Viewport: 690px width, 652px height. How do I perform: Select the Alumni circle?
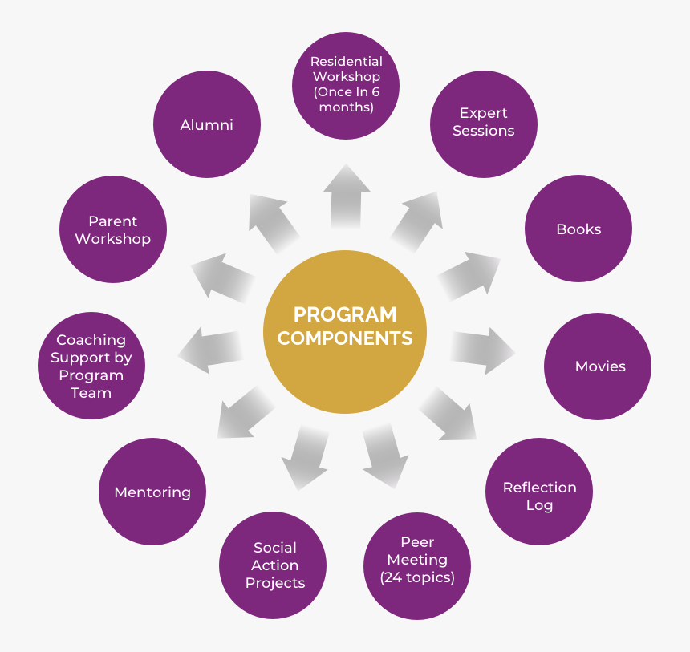(207, 125)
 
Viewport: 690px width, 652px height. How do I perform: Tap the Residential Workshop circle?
(346, 85)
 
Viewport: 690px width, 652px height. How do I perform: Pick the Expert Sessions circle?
(483, 122)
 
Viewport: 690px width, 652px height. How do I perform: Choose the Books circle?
(578, 229)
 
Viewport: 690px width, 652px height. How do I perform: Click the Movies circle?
(598, 366)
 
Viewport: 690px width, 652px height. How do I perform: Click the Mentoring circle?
(152, 492)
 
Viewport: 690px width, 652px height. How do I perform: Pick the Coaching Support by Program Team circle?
(91, 366)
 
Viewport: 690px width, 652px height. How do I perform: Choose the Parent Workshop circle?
(113, 229)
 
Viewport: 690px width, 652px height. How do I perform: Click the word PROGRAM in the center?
(345, 314)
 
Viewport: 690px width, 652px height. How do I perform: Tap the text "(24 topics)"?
(417, 577)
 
